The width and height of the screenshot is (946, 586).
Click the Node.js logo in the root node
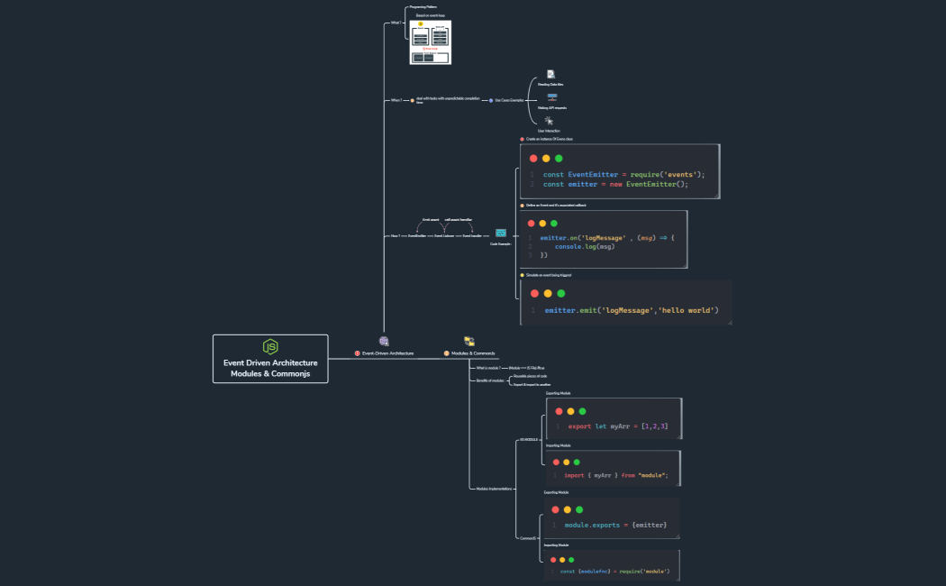pyautogui.click(x=270, y=347)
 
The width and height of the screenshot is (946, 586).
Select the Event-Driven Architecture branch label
pyautogui.click(x=387, y=353)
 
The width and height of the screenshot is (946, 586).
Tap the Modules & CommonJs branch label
pyautogui.click(x=473, y=353)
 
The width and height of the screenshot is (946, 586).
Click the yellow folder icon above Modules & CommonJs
pyautogui.click(x=469, y=341)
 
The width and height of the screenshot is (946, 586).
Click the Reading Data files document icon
pyautogui.click(x=550, y=74)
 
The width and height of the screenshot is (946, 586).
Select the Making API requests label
pyautogui.click(x=551, y=107)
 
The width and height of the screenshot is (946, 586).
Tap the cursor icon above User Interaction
pyautogui.click(x=549, y=120)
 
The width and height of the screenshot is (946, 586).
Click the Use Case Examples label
pyautogui.click(x=509, y=100)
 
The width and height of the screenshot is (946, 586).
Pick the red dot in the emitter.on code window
pyautogui.click(x=531, y=224)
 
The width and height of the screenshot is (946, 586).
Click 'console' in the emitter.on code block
pyautogui.click(x=568, y=246)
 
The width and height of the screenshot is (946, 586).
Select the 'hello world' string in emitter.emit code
pyautogui.click(x=688, y=310)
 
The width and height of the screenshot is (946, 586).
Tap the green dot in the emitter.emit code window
pyautogui.click(x=560, y=293)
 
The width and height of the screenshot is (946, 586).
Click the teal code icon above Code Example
pyautogui.click(x=501, y=233)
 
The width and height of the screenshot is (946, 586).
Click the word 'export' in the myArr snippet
pyautogui.click(x=579, y=426)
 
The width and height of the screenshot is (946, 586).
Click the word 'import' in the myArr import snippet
pyautogui.click(x=575, y=475)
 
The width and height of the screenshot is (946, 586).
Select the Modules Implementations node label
pyautogui.click(x=495, y=489)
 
